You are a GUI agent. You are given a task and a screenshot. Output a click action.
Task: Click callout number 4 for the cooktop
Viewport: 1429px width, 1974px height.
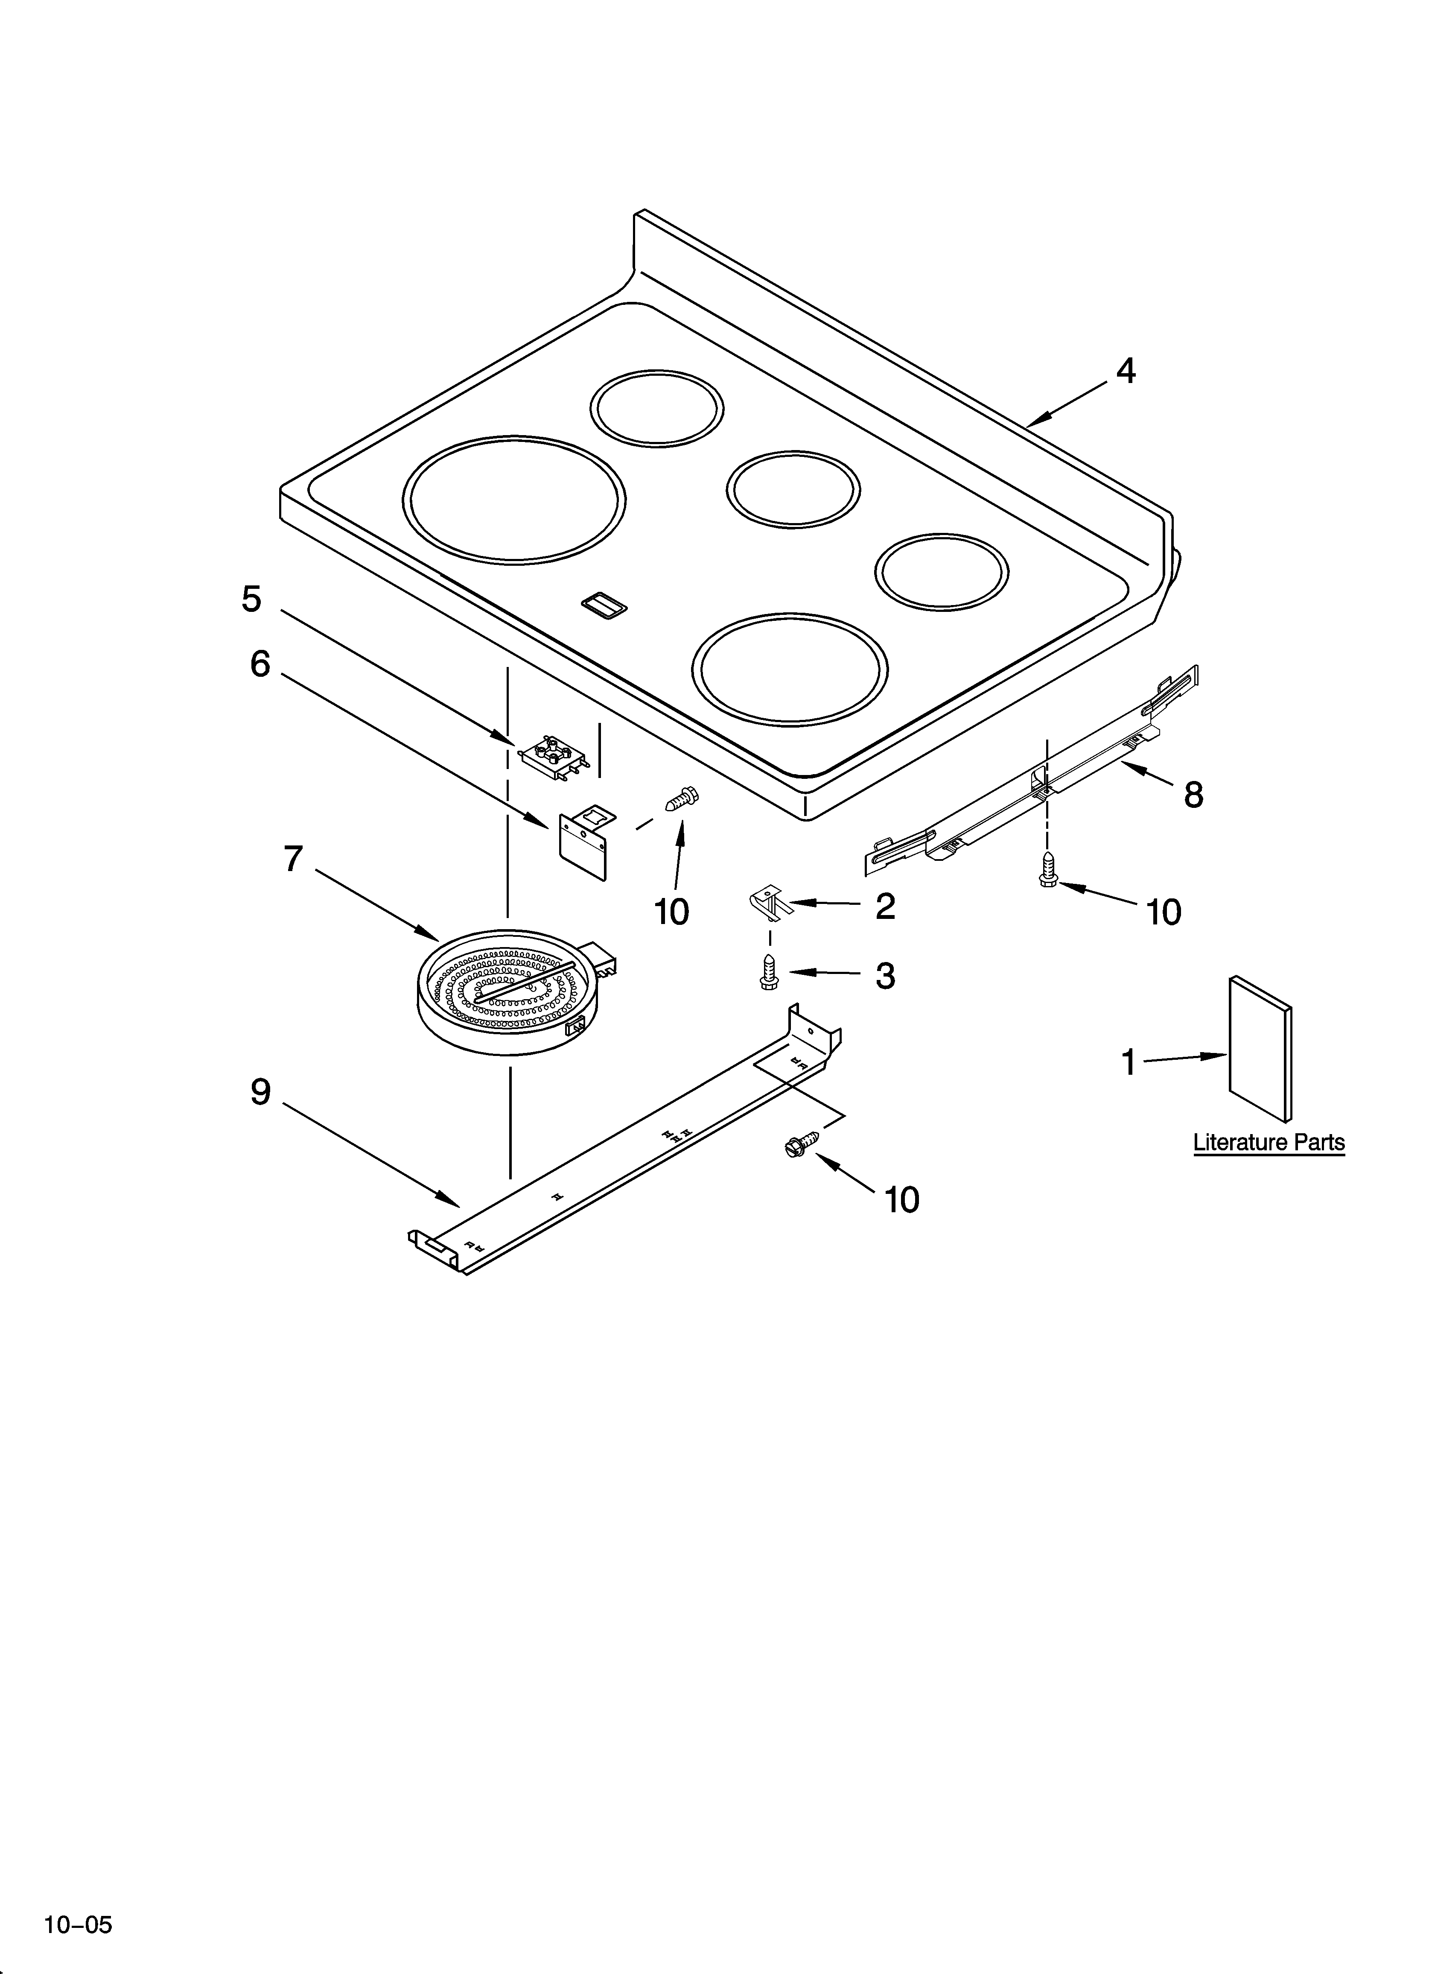pyautogui.click(x=1125, y=371)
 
